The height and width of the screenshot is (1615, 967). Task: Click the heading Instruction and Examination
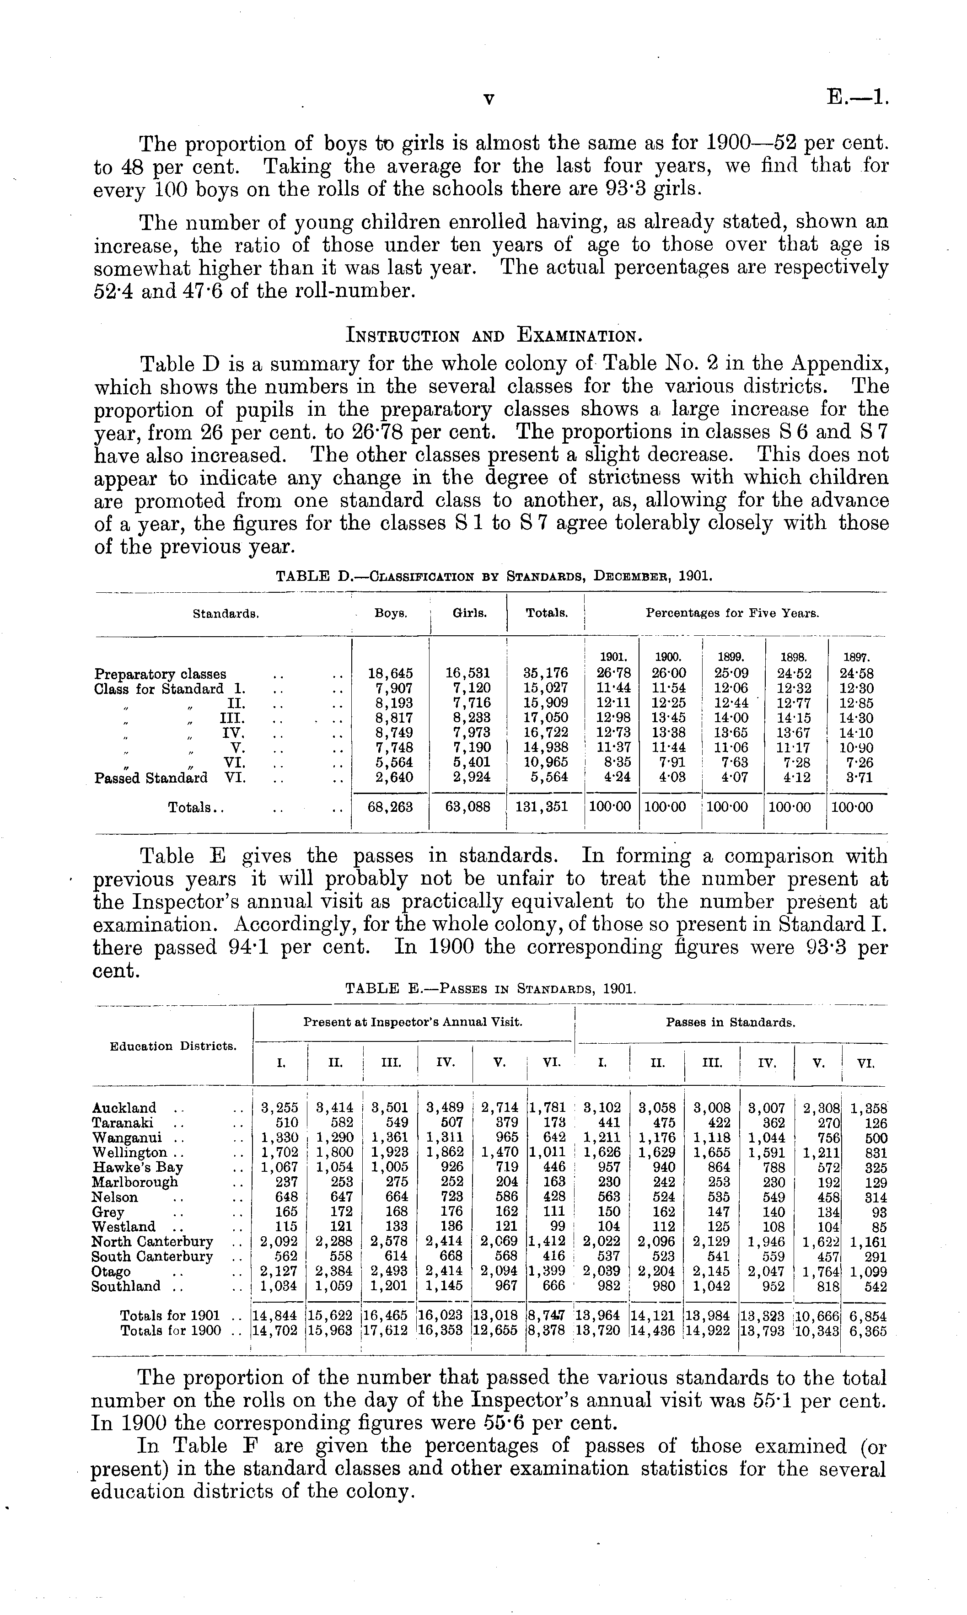click(493, 336)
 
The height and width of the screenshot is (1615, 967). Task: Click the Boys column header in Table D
click(390, 613)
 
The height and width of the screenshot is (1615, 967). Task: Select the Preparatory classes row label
click(160, 674)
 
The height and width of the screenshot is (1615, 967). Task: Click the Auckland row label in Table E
click(124, 1107)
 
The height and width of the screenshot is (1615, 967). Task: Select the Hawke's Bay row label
click(138, 1167)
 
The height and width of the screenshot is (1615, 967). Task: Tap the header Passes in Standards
click(731, 1023)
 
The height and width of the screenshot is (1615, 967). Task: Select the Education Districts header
click(173, 1046)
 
